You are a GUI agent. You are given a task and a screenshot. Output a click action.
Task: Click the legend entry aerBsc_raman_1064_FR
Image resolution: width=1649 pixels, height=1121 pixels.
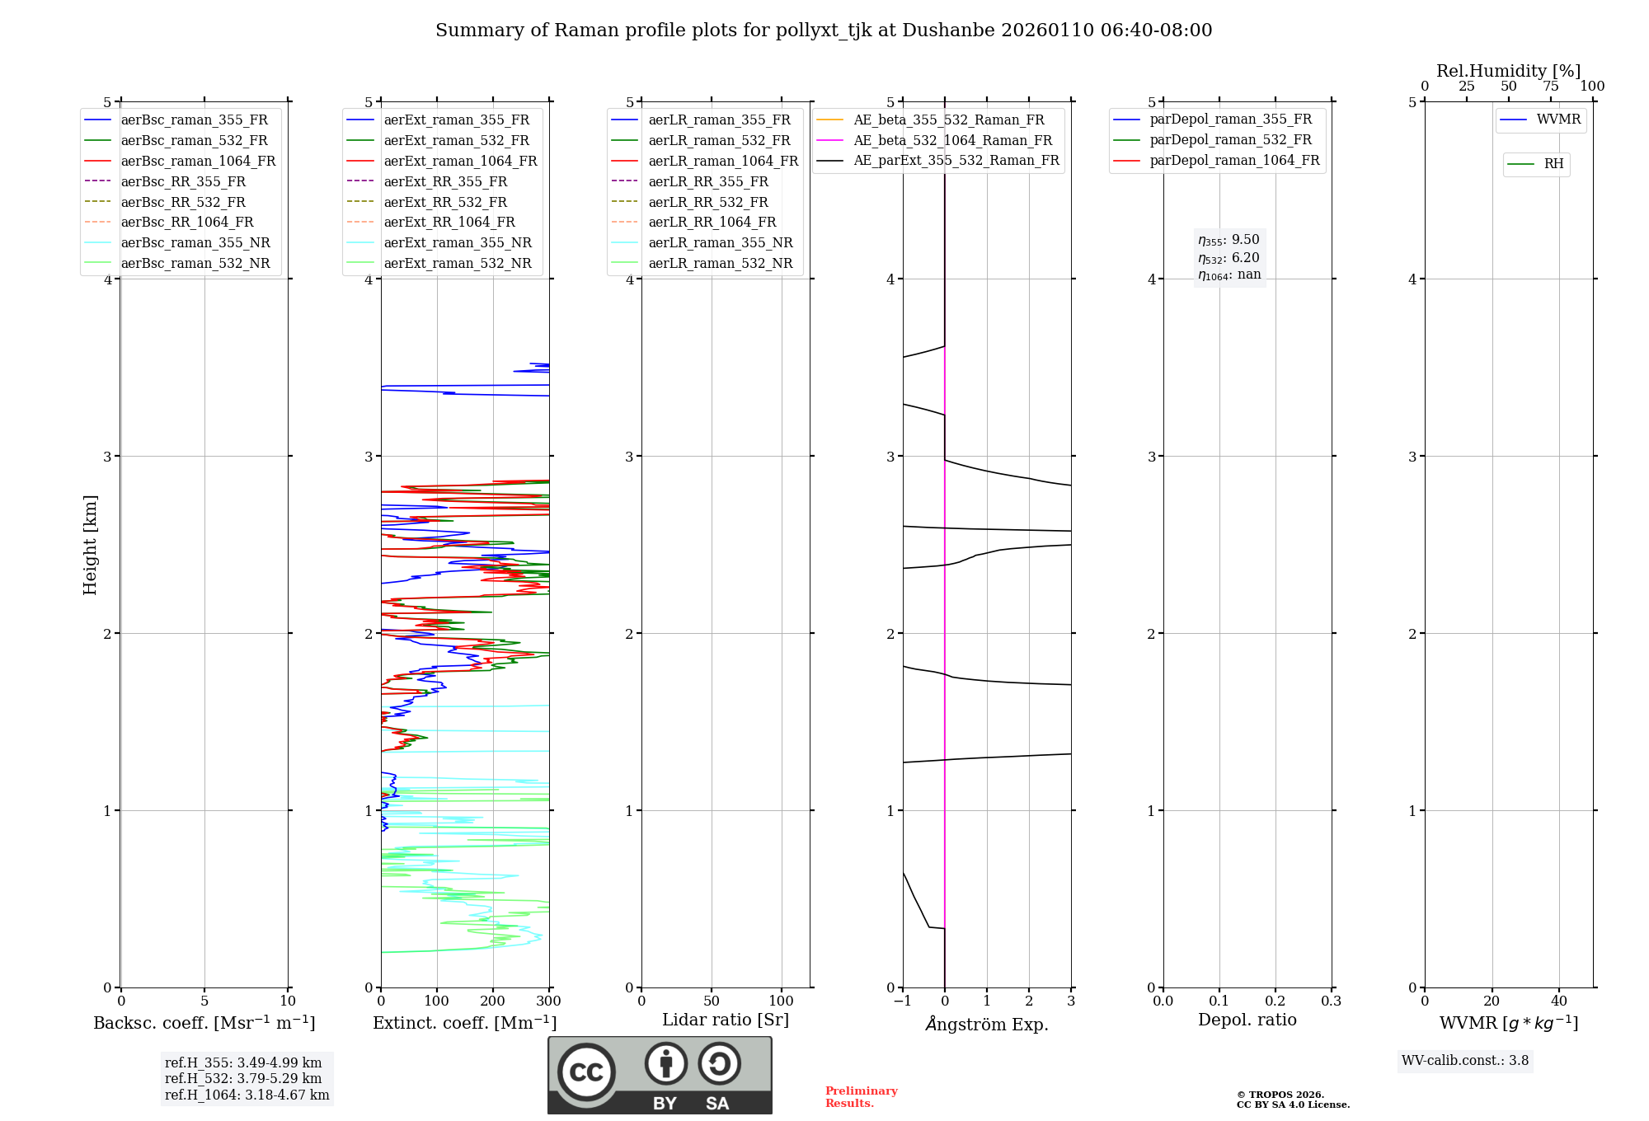tap(198, 162)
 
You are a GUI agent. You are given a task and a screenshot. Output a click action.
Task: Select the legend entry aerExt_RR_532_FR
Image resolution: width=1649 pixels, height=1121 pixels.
tap(445, 202)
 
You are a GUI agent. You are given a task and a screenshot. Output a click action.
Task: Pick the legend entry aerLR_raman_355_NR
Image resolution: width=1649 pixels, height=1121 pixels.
tap(720, 243)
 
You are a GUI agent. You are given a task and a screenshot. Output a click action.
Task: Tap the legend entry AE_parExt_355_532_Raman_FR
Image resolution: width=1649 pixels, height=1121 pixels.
tap(956, 161)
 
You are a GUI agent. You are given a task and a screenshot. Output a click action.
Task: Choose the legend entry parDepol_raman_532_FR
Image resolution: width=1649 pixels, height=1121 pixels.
tap(1230, 140)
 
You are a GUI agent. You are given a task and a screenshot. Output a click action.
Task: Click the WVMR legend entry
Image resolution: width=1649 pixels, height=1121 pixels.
tap(1557, 120)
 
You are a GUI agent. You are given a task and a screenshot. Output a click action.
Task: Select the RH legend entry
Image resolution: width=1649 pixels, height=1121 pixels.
tap(1553, 164)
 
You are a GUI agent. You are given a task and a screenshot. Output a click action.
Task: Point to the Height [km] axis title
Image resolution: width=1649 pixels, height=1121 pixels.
tap(90, 545)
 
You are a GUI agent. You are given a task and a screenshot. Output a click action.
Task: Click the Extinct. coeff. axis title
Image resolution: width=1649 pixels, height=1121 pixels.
tap(464, 1023)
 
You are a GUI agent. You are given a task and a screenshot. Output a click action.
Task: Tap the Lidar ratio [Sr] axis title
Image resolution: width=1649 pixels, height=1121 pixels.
tap(725, 1020)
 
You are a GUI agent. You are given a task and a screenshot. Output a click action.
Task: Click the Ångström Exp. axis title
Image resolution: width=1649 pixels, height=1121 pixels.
tap(986, 1024)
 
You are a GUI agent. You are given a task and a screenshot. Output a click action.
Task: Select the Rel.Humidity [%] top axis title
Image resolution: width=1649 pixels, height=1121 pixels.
tap(1508, 71)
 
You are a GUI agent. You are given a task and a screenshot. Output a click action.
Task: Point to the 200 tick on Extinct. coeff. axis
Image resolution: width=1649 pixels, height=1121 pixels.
tap(492, 1001)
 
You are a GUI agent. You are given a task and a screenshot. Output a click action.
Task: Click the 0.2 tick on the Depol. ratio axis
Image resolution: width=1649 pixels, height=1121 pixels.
tap(1275, 1001)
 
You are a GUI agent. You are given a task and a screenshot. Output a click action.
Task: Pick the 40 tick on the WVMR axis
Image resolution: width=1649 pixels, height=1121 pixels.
tap(1558, 1001)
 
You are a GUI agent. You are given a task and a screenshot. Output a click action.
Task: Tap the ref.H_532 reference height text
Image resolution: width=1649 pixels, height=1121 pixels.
tap(243, 1078)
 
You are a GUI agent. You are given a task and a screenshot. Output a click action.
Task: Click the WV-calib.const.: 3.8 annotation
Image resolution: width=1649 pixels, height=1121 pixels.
tap(1464, 1061)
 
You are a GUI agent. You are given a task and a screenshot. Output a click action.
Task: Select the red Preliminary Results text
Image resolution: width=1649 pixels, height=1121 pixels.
tap(861, 1097)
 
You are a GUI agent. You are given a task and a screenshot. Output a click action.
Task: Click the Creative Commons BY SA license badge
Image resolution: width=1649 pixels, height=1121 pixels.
tap(660, 1075)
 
